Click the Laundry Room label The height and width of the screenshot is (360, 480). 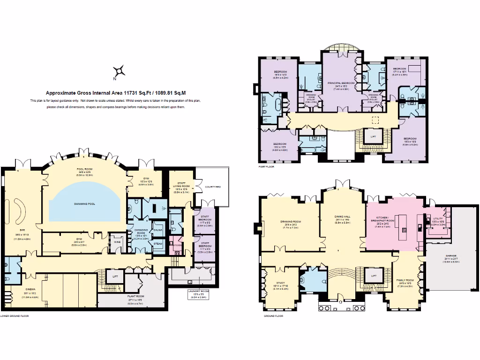(197, 291)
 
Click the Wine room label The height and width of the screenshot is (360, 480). (117, 242)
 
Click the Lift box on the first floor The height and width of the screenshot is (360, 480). (373, 136)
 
